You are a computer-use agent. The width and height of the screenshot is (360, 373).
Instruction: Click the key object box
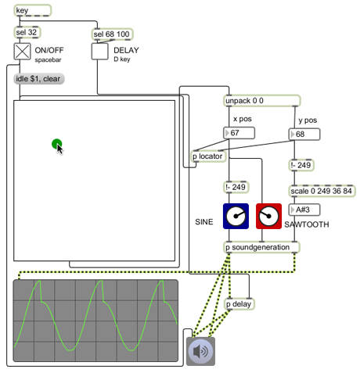(x=32, y=10)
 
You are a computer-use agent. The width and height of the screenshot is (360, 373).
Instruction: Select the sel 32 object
(x=27, y=32)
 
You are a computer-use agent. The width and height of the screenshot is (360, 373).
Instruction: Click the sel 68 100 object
(x=112, y=34)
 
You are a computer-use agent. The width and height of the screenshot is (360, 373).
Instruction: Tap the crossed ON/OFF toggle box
(x=22, y=52)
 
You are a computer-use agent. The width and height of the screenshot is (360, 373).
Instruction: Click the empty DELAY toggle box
(x=99, y=52)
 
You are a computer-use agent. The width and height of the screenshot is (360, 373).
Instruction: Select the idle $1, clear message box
(x=38, y=79)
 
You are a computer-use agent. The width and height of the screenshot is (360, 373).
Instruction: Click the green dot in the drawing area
(x=57, y=144)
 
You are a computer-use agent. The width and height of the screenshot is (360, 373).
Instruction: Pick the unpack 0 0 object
(x=262, y=101)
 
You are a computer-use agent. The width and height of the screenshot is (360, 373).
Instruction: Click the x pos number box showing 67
(x=239, y=133)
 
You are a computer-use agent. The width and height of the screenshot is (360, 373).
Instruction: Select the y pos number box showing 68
(x=304, y=134)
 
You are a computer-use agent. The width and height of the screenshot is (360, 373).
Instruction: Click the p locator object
(x=209, y=156)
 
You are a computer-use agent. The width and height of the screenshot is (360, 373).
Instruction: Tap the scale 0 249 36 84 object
(x=322, y=191)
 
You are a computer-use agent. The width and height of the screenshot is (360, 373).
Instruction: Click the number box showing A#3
(x=304, y=210)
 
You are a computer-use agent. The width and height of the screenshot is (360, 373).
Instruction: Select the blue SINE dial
(x=236, y=217)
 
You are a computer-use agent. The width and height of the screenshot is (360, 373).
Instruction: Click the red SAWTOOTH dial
(x=268, y=217)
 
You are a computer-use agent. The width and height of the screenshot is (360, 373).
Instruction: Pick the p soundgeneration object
(x=262, y=247)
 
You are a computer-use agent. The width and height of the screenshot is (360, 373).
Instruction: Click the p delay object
(x=239, y=304)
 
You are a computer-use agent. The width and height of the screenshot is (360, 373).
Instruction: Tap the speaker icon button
(x=200, y=351)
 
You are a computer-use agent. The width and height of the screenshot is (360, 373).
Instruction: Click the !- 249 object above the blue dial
(x=236, y=187)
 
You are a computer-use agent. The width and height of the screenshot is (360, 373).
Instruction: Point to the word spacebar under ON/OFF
(x=48, y=60)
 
